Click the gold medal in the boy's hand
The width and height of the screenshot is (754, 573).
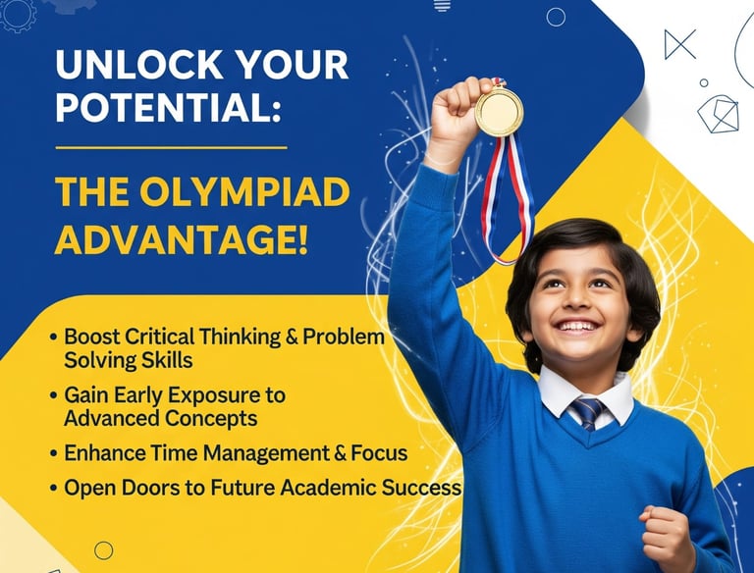tap(499, 112)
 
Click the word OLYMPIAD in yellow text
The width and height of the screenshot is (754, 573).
tap(244, 192)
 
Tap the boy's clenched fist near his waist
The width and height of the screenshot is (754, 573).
tap(663, 532)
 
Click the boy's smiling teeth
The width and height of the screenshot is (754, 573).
tap(577, 327)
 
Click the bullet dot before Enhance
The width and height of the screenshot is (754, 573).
tap(54, 453)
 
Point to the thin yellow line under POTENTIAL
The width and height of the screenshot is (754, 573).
tap(171, 148)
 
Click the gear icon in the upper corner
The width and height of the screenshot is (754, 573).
tap(18, 15)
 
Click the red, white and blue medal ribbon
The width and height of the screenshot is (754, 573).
tap(507, 198)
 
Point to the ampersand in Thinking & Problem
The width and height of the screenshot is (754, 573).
tap(292, 337)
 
